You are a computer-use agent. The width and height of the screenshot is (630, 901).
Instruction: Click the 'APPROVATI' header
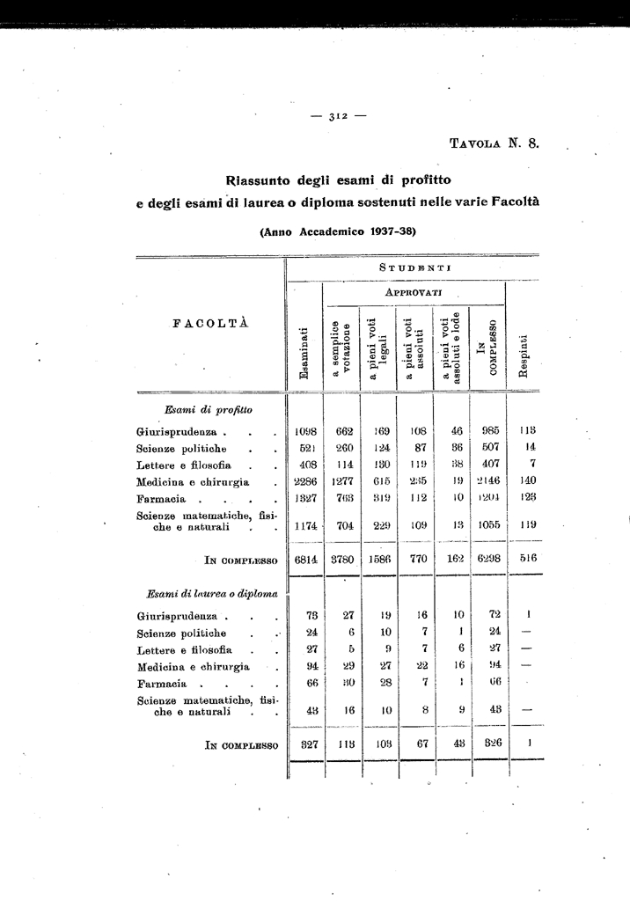[414, 291]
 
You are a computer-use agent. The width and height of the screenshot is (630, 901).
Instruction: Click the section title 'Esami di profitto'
[208, 409]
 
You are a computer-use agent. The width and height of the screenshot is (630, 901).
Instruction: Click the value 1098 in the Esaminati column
[305, 431]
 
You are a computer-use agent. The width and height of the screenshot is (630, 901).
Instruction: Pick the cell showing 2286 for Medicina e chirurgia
[305, 481]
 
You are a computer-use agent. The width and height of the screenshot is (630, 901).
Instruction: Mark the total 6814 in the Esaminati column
[305, 559]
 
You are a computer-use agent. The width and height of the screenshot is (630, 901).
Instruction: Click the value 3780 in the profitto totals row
[344, 559]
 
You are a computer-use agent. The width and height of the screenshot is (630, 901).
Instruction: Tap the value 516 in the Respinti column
[528, 558]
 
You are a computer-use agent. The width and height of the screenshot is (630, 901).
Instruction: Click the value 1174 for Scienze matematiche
[305, 525]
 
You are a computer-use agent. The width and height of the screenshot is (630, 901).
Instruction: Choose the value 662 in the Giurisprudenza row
[344, 431]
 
